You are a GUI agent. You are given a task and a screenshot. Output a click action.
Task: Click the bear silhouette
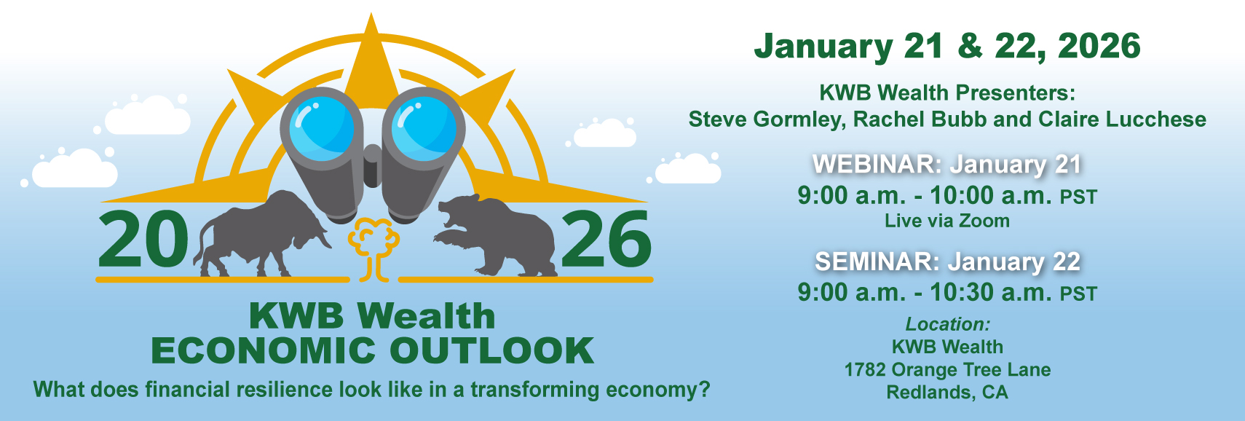[x=497, y=237]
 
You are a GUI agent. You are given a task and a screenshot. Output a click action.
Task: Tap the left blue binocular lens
[x=321, y=129]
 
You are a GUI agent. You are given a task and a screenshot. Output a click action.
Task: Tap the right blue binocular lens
[x=424, y=129]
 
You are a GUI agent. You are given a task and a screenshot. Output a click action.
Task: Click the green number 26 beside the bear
[x=606, y=239]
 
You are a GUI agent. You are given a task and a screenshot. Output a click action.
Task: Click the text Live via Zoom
[x=947, y=221]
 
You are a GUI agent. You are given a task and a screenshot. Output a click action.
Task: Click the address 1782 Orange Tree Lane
[x=948, y=370]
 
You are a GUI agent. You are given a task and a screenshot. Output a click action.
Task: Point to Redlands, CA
[x=947, y=393]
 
